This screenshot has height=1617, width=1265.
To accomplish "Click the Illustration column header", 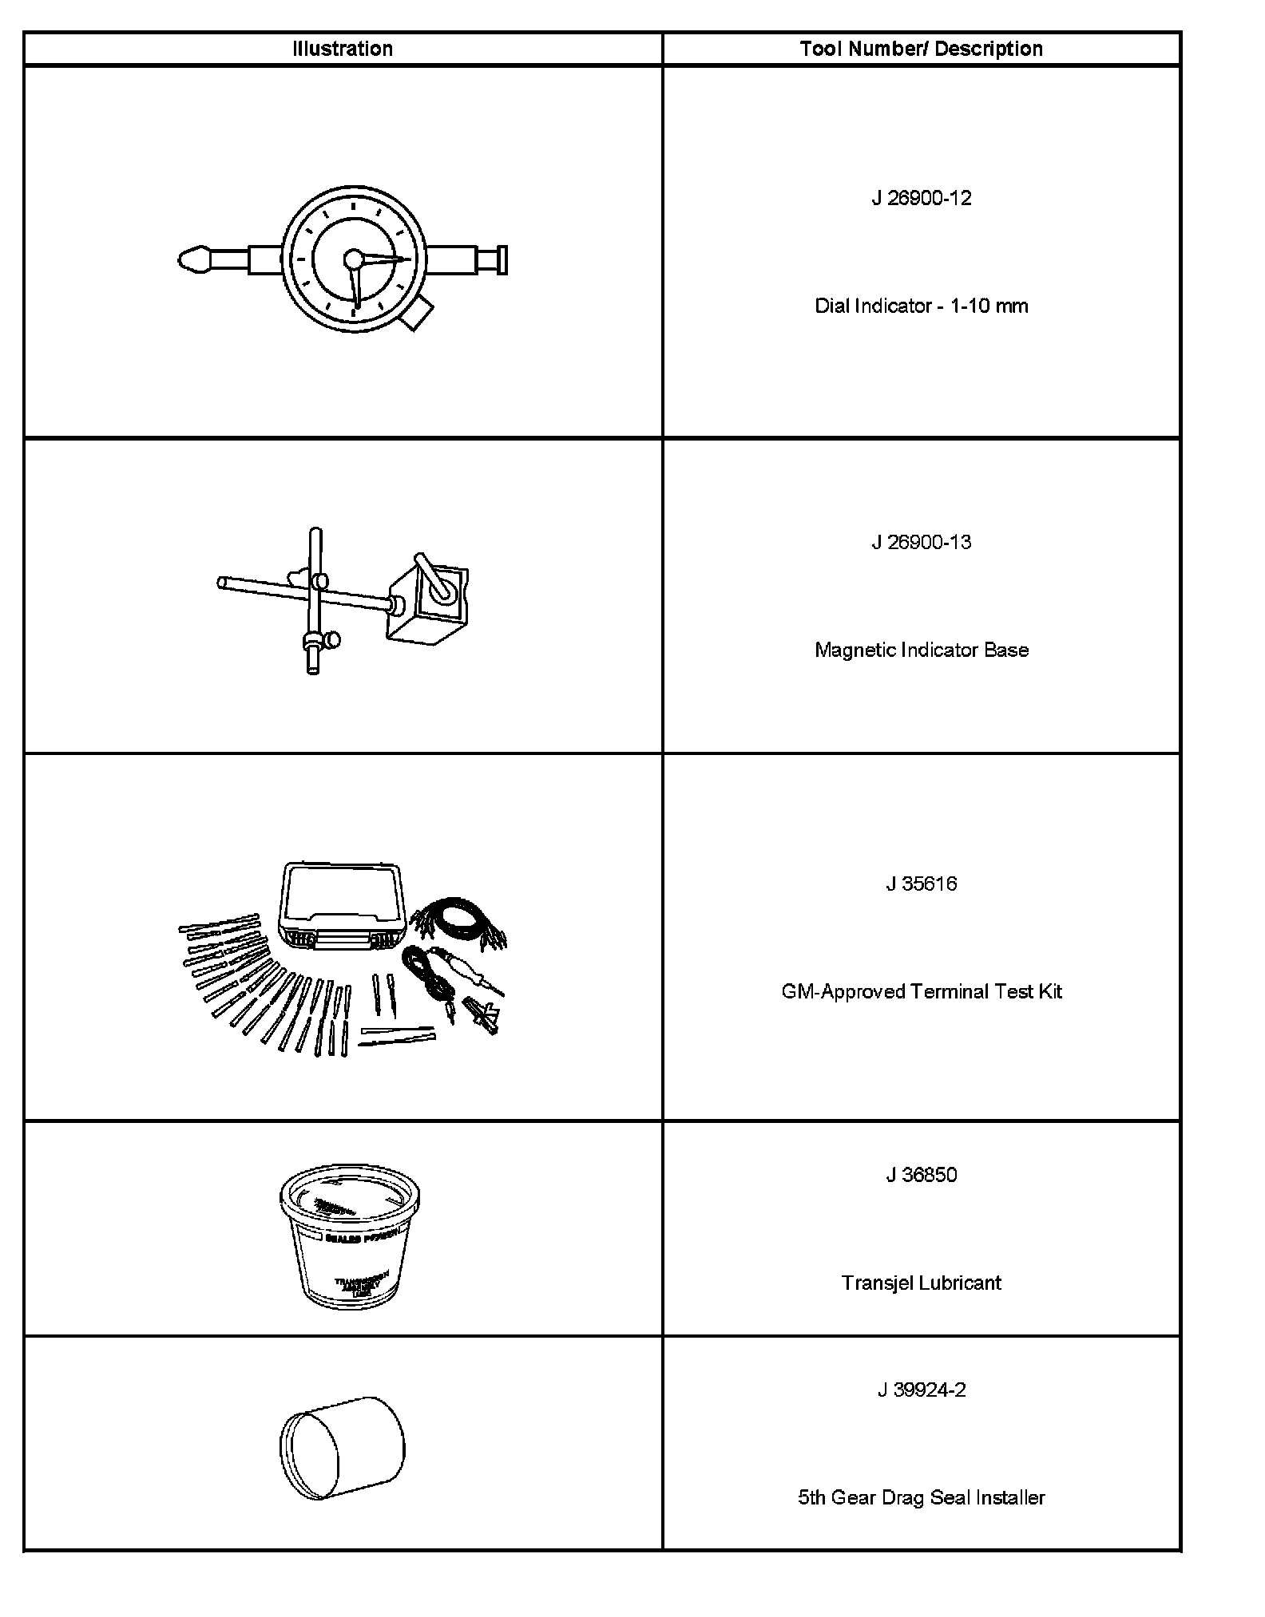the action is point(343,49).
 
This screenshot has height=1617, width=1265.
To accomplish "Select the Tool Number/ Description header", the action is point(921,49).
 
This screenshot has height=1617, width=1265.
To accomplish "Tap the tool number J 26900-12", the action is point(921,198).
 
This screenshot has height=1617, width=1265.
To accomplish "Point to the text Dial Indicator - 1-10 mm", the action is point(921,306).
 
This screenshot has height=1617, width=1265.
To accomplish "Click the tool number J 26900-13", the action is point(921,542).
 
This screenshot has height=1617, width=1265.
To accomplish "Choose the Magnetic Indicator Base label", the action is point(921,650).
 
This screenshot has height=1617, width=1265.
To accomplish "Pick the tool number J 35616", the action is point(921,884).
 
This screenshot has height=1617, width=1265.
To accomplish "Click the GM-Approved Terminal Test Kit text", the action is point(921,991).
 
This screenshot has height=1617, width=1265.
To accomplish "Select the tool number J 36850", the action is point(921,1175).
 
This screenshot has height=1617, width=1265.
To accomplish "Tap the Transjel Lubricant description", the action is point(921,1283).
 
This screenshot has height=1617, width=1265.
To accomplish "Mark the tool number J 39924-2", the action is point(921,1390).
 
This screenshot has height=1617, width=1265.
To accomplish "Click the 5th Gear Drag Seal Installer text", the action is point(921,1497).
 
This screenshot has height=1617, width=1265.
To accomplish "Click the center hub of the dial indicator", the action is point(353,259).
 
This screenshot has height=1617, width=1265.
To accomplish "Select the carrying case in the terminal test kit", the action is point(342,906).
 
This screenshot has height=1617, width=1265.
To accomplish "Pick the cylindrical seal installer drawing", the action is point(343,1445).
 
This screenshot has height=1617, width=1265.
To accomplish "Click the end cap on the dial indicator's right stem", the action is point(502,260).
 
